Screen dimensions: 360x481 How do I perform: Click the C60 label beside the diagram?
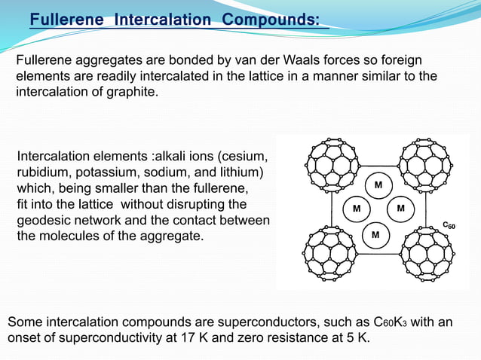coord(449,224)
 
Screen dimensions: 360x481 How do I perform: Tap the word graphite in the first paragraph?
coord(133,93)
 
